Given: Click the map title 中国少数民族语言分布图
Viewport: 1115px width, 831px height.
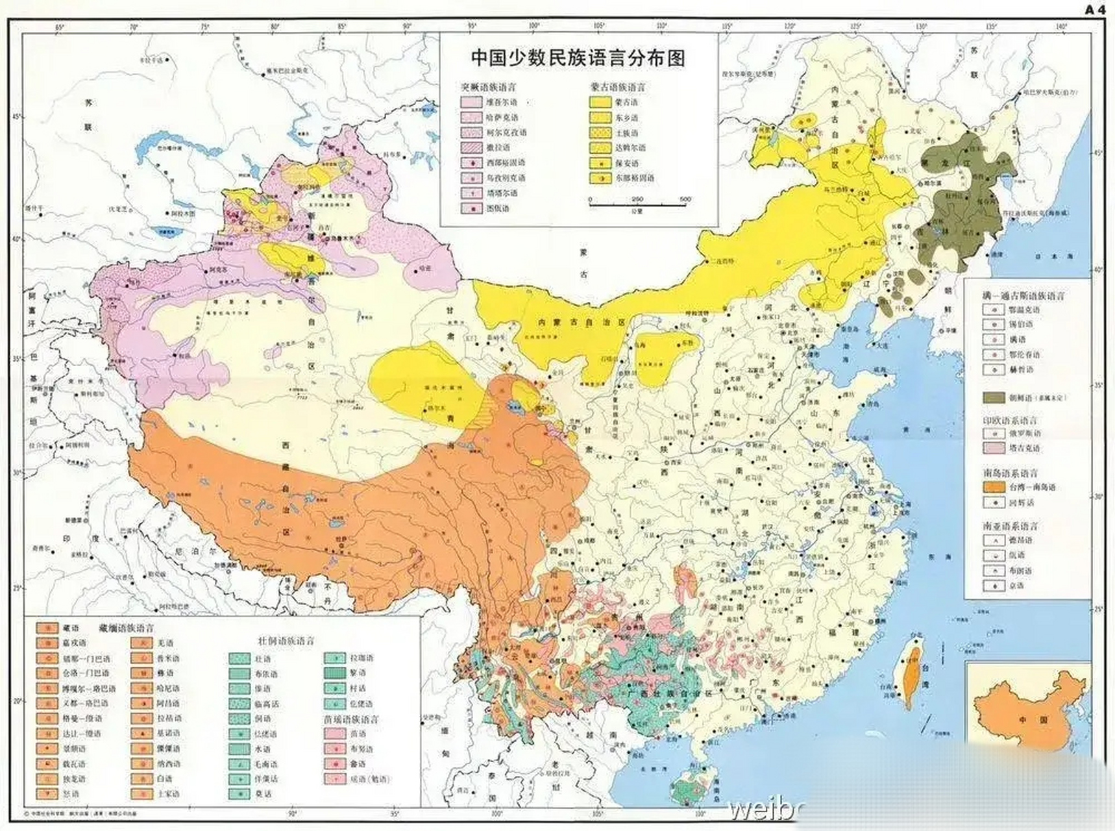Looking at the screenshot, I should pyautogui.click(x=578, y=58).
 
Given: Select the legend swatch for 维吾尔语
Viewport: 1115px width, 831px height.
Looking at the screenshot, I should pyautogui.click(x=471, y=103).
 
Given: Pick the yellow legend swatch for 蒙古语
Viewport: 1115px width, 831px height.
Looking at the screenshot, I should pyautogui.click(x=600, y=102).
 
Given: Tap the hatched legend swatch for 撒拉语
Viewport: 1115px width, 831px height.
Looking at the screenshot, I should pyautogui.click(x=471, y=148).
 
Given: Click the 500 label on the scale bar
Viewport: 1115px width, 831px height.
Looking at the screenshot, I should pyautogui.click(x=685, y=199).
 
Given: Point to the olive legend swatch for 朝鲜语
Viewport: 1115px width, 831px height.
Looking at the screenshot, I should pyautogui.click(x=994, y=397).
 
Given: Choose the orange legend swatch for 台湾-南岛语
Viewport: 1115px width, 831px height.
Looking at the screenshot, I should pyautogui.click(x=994, y=487).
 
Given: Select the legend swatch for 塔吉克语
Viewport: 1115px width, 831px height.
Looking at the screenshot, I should pyautogui.click(x=994, y=448).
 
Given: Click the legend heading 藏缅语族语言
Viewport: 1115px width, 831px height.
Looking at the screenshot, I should pyautogui.click(x=127, y=628).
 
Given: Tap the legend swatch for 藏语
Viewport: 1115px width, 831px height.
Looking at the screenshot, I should pyautogui.click(x=47, y=628).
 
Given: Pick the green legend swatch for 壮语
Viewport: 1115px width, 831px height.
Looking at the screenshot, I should pyautogui.click(x=239, y=659).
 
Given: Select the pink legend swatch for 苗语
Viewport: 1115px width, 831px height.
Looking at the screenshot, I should pyautogui.click(x=334, y=734).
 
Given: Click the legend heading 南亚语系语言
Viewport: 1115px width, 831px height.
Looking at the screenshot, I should pyautogui.click(x=1010, y=526).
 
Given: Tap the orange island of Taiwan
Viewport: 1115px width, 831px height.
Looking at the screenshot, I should pyautogui.click(x=913, y=675).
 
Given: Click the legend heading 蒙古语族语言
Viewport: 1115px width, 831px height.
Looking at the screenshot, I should pyautogui.click(x=618, y=87).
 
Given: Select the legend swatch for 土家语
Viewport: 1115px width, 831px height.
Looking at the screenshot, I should pyautogui.click(x=141, y=793).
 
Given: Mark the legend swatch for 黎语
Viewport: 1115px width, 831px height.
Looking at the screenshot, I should pyautogui.click(x=334, y=673).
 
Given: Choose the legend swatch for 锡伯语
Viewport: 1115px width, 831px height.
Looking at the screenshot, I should pyautogui.click(x=994, y=324).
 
